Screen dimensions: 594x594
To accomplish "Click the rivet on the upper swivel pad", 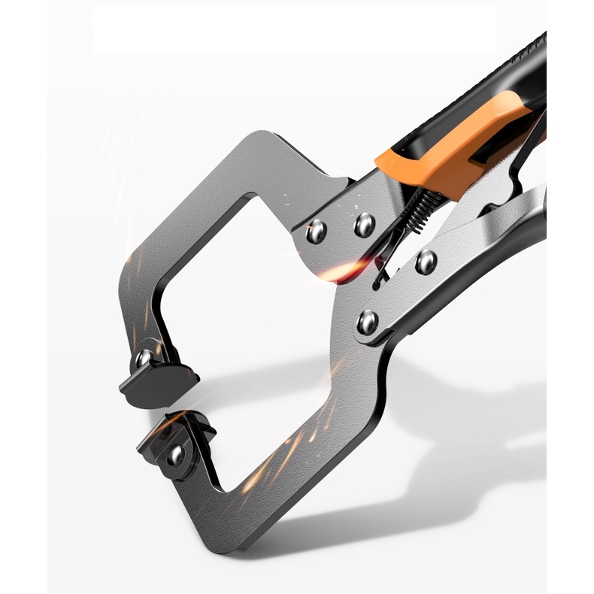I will tap(144, 358).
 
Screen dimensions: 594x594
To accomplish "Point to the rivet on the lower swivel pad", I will tap(176, 454).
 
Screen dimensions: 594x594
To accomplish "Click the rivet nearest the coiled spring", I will tap(365, 223).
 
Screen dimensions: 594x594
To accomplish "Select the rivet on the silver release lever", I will tap(426, 262).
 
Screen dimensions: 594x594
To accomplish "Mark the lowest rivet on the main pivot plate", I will tap(368, 322).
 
